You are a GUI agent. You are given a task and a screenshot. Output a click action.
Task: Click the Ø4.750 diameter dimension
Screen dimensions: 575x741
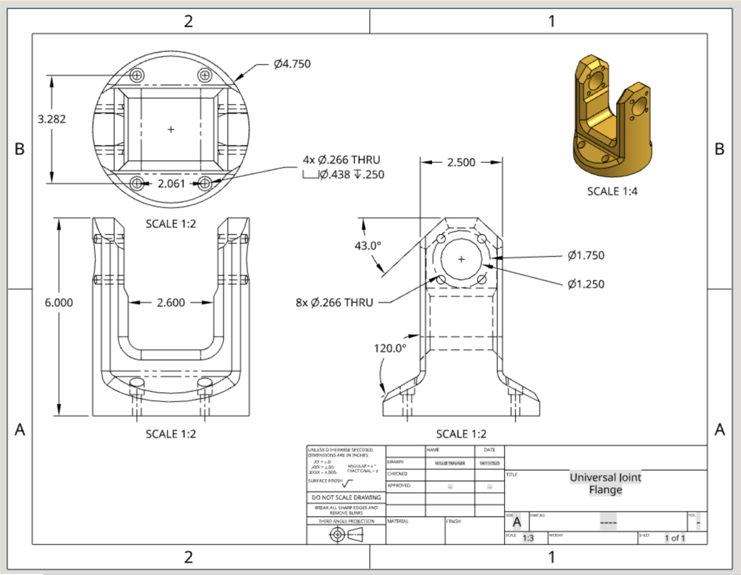[x=292, y=64]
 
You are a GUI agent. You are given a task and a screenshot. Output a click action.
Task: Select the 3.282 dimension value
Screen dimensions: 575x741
[x=52, y=119]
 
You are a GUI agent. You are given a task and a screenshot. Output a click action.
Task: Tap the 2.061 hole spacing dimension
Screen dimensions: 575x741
[x=172, y=183]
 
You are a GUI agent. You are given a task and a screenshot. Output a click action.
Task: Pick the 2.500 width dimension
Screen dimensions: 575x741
[x=461, y=162]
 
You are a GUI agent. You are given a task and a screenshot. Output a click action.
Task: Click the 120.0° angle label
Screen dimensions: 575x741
[x=390, y=348]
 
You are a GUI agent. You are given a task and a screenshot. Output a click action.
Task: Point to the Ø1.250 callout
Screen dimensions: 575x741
[x=585, y=284]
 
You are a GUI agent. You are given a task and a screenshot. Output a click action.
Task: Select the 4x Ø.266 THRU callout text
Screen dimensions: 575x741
[x=341, y=160]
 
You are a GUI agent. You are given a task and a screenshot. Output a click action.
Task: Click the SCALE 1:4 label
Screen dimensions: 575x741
[x=612, y=191]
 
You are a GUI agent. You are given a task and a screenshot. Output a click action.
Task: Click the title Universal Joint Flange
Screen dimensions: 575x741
[x=605, y=484]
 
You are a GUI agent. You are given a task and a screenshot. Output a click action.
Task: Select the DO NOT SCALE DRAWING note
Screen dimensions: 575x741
[x=346, y=497]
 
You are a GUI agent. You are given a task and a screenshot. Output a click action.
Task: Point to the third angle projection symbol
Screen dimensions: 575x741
[x=346, y=535]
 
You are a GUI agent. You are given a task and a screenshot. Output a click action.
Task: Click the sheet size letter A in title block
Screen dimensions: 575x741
[x=516, y=522]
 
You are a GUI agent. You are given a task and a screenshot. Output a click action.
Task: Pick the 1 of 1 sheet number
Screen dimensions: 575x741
[x=675, y=538]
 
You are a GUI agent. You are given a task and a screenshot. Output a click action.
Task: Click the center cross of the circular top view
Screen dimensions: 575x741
[x=171, y=129]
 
